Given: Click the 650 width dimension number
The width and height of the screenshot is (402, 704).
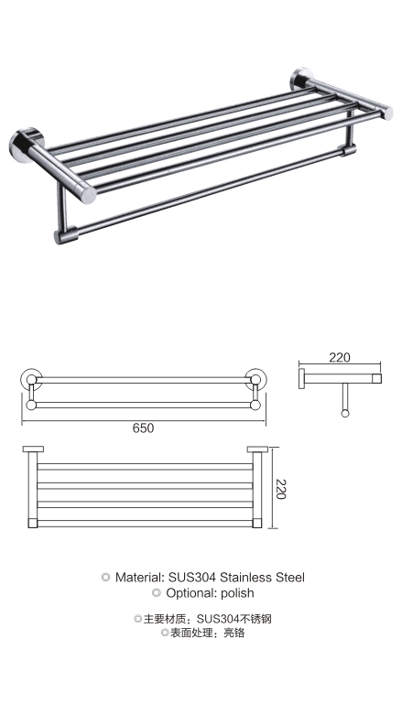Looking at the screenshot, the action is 143,428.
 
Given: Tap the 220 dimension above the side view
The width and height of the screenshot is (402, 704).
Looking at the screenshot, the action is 339,357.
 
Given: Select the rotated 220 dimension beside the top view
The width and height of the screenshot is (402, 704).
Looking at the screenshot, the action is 281,489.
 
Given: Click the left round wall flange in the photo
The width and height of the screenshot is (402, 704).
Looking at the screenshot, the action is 24,145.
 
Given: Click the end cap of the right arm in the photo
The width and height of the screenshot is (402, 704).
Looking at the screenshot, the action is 387,113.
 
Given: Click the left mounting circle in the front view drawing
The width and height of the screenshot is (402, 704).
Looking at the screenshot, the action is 31,379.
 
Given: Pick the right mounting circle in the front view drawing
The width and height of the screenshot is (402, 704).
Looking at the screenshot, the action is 255,379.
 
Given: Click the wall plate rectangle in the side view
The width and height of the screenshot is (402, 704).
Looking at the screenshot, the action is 302,378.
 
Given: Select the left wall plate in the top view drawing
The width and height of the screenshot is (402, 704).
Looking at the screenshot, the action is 33,449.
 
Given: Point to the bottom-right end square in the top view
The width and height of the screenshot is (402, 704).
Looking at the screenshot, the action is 257,523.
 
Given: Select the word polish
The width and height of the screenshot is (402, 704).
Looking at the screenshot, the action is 237,593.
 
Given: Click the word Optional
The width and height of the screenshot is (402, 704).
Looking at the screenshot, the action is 191,593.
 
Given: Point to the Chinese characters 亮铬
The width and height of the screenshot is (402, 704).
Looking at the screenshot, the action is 234,634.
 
